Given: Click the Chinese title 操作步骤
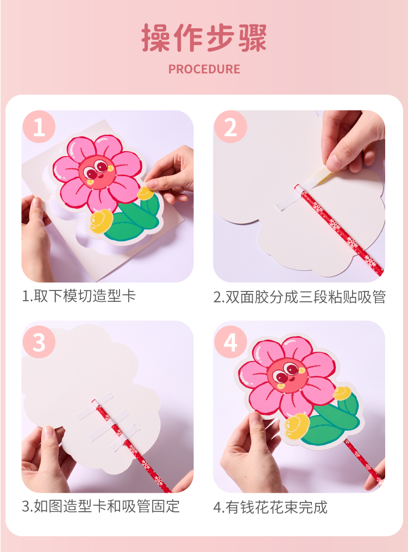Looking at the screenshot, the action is (204, 38).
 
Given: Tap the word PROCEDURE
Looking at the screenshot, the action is (204, 69).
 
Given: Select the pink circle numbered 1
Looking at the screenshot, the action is (39, 127).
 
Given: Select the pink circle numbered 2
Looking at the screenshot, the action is (231, 127).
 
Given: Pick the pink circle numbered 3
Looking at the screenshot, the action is (39, 342).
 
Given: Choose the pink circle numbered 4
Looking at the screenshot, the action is (231, 342).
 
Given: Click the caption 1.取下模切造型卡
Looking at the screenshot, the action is (79, 296).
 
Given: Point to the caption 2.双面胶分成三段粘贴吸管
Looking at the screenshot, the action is (300, 297).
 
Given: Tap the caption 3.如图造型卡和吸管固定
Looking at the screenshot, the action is (101, 506).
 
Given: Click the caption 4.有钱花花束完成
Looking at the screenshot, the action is (271, 507).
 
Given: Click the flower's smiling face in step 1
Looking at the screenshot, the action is (97, 171).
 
